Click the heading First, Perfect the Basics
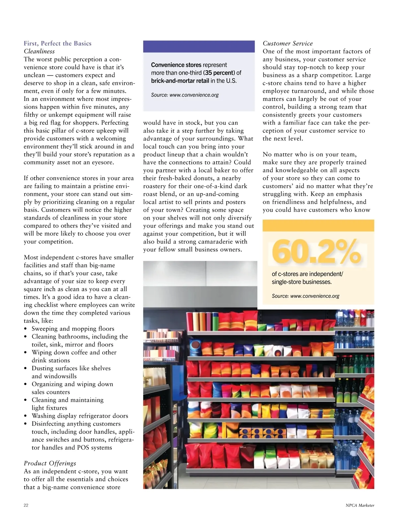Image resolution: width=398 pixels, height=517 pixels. coord(57,43)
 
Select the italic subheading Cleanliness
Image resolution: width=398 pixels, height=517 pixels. coord(39,51)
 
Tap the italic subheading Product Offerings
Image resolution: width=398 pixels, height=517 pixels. coord(50,463)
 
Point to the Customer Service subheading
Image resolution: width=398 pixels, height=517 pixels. coord(288,43)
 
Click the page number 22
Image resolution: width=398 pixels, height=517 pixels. coord(26,505)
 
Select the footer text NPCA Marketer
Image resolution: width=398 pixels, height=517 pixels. coord(360,505)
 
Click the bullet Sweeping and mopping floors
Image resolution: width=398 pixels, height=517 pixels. coord(73,329)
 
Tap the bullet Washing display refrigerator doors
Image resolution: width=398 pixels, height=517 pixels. coord(80,416)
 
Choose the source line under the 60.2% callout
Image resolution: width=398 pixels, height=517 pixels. coord(305,296)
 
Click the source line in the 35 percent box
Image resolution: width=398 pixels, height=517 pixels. coord(185,95)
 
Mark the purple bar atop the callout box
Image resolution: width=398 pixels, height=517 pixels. coord(199,46)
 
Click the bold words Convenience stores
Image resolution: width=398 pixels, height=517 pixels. coord(176,65)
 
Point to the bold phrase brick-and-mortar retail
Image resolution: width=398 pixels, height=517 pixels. coord(180,81)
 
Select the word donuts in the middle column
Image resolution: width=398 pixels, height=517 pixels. coord(203,178)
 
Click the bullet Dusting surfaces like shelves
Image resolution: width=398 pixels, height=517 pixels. coord(71,368)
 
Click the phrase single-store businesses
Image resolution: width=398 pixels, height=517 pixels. coord(301,282)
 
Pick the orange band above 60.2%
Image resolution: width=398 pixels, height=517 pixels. coord(318,225)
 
